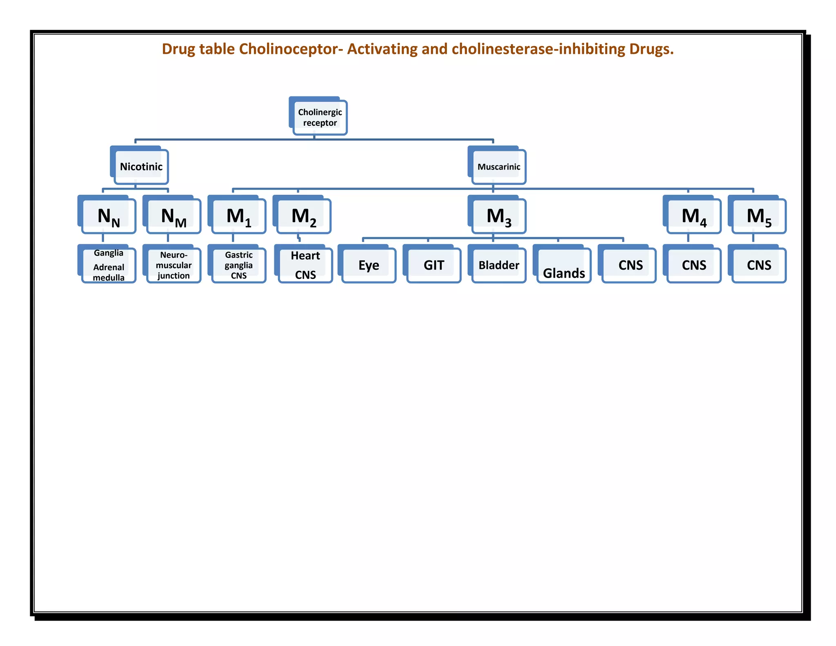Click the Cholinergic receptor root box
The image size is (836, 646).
[x=320, y=118]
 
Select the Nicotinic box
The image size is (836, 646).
[x=141, y=167]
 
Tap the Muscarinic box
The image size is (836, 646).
[x=498, y=167]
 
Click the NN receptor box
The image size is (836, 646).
[x=109, y=216]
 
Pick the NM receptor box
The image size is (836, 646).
[x=173, y=216]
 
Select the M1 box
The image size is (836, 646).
[x=239, y=216]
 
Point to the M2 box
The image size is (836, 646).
[x=304, y=216]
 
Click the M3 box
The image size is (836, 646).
[x=498, y=216]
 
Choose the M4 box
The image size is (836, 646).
[x=694, y=216]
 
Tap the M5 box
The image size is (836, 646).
[x=759, y=216]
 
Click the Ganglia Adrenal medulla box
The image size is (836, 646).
[x=109, y=265]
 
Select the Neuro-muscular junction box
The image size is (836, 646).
[x=173, y=265]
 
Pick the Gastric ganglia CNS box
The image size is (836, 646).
[x=239, y=265]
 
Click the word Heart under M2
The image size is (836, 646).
[x=305, y=256]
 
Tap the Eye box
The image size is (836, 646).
[x=369, y=265]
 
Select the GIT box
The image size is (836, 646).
[x=434, y=265]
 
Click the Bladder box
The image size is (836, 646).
[x=498, y=265]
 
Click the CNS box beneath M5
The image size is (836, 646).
[x=759, y=265]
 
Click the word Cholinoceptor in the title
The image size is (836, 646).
[x=291, y=49]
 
